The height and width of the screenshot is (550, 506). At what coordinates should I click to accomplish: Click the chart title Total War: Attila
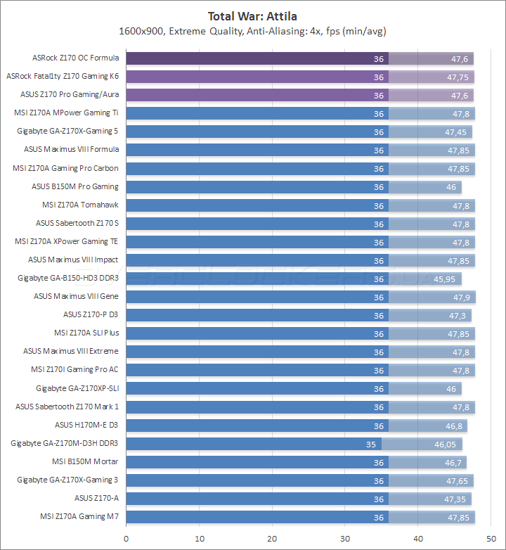[x=253, y=15]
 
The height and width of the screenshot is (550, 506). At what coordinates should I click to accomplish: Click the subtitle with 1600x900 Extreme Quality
[x=253, y=31]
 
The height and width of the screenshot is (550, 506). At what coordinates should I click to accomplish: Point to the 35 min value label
[x=371, y=444]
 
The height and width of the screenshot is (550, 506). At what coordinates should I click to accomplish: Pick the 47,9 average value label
[x=462, y=297]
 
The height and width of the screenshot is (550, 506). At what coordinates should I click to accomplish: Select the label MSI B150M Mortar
[x=85, y=461]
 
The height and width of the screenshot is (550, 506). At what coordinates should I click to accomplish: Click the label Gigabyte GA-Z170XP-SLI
[x=77, y=388]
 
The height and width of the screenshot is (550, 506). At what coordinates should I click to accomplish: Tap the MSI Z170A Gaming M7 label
[x=79, y=516]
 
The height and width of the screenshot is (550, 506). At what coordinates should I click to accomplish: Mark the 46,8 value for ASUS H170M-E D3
[x=454, y=426]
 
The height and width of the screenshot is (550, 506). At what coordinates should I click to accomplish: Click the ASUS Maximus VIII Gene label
[x=76, y=296]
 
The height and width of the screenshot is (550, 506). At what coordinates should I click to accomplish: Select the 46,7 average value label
[x=453, y=462]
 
